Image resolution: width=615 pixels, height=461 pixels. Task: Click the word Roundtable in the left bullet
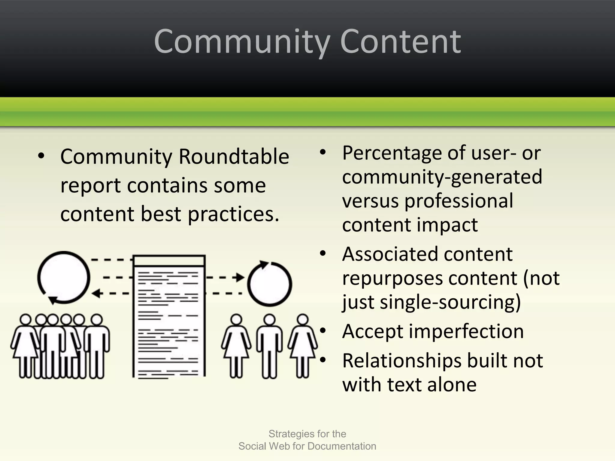tap(234, 157)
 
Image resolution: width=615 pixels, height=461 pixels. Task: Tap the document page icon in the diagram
tap(169, 317)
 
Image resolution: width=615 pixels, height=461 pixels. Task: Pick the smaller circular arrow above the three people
tap(269, 284)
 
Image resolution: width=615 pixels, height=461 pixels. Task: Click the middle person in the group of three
tap(269, 345)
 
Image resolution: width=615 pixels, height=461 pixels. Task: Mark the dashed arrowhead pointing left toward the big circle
tap(96, 294)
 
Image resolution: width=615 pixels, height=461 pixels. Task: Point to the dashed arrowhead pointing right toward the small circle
tap(241, 277)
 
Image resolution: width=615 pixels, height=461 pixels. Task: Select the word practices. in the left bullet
tap(234, 214)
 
